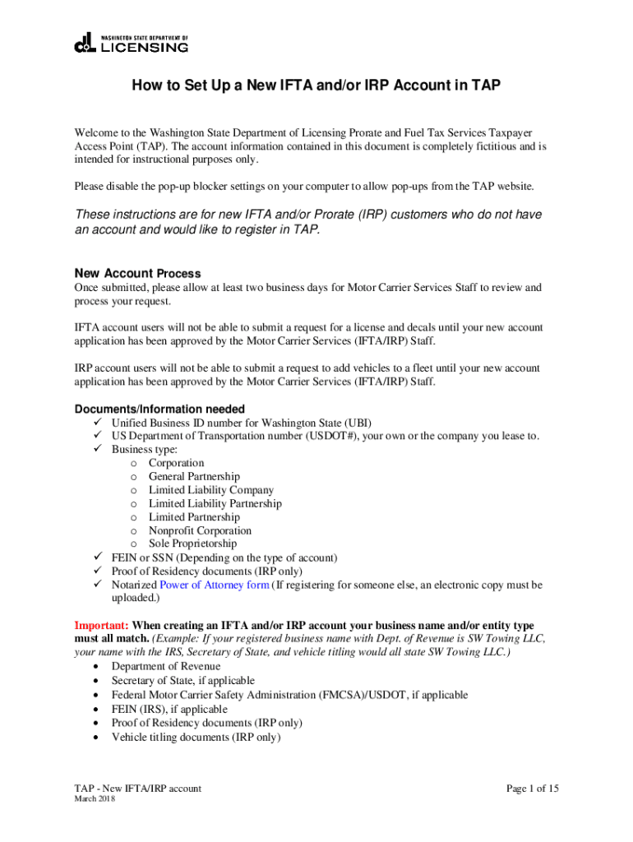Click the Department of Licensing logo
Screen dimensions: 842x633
pos(132,43)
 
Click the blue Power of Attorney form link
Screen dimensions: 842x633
pos(215,585)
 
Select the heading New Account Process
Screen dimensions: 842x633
pos(137,274)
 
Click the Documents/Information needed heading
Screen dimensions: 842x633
pos(159,409)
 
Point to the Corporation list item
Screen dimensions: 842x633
pos(176,463)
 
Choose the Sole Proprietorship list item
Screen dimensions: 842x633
pos(192,544)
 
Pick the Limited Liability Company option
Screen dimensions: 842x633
pos(211,490)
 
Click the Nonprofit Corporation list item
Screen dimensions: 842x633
pos(200,530)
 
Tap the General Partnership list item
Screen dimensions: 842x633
pos(194,477)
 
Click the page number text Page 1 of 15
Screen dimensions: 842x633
pos(533,789)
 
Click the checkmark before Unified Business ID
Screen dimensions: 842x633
pos(96,423)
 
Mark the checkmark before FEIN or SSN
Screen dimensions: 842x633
pos(96,557)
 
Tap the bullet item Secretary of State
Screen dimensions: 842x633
pos(183,681)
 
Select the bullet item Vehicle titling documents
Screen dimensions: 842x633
pos(196,738)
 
